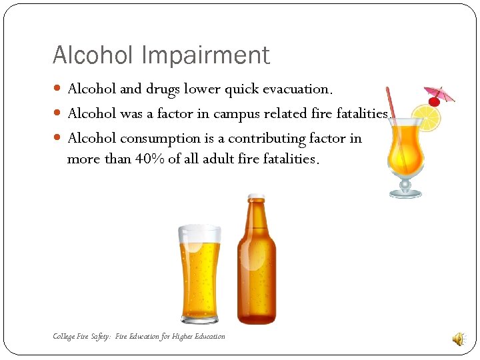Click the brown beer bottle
256,267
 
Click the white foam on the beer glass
199,234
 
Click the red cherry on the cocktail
434,102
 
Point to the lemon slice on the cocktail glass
427,117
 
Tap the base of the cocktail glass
405,193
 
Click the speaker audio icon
459,339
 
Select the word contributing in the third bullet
272,139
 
